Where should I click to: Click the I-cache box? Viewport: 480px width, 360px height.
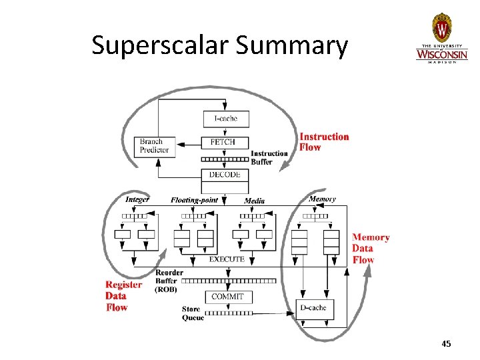click(x=226, y=119)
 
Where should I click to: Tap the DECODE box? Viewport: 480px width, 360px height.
click(x=225, y=175)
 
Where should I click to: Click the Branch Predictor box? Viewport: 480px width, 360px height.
click(x=155, y=145)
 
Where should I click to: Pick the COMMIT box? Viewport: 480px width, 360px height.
click(x=227, y=297)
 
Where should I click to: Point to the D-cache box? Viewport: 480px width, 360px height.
click(x=313, y=308)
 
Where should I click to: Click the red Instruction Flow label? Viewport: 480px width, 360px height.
click(x=324, y=142)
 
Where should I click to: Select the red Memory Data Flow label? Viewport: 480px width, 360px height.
click(x=371, y=248)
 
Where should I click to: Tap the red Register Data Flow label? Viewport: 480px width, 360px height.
click(x=123, y=296)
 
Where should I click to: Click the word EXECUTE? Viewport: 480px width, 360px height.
click(x=227, y=259)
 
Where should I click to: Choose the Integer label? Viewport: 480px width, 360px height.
click(x=137, y=199)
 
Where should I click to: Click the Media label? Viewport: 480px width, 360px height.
click(x=254, y=201)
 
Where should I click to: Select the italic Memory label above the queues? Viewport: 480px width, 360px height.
click(x=322, y=199)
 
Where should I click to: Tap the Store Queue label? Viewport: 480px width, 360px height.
click(x=193, y=313)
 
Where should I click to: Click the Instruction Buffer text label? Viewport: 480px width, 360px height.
click(x=269, y=157)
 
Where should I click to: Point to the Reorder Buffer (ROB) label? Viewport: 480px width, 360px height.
click(x=169, y=281)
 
